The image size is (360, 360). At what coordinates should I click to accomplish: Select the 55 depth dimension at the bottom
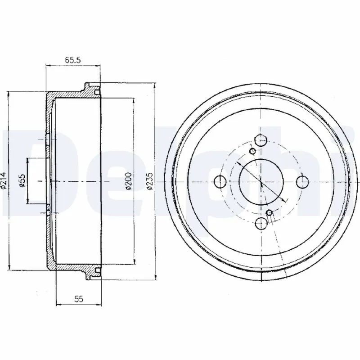[x=79, y=298]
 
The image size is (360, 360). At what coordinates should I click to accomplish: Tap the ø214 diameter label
[x=4, y=180]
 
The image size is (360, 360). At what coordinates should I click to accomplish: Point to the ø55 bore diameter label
[x=21, y=180]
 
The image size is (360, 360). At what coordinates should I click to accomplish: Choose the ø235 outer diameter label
[x=150, y=180]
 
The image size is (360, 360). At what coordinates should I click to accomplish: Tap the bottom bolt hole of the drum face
[x=261, y=221]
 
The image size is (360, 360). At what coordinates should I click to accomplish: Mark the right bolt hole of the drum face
[x=301, y=181]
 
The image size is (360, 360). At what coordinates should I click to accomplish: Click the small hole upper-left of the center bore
[x=252, y=150]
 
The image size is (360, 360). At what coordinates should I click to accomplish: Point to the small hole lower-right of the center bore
[x=270, y=212]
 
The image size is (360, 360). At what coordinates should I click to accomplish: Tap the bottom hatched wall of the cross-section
[x=72, y=266]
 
